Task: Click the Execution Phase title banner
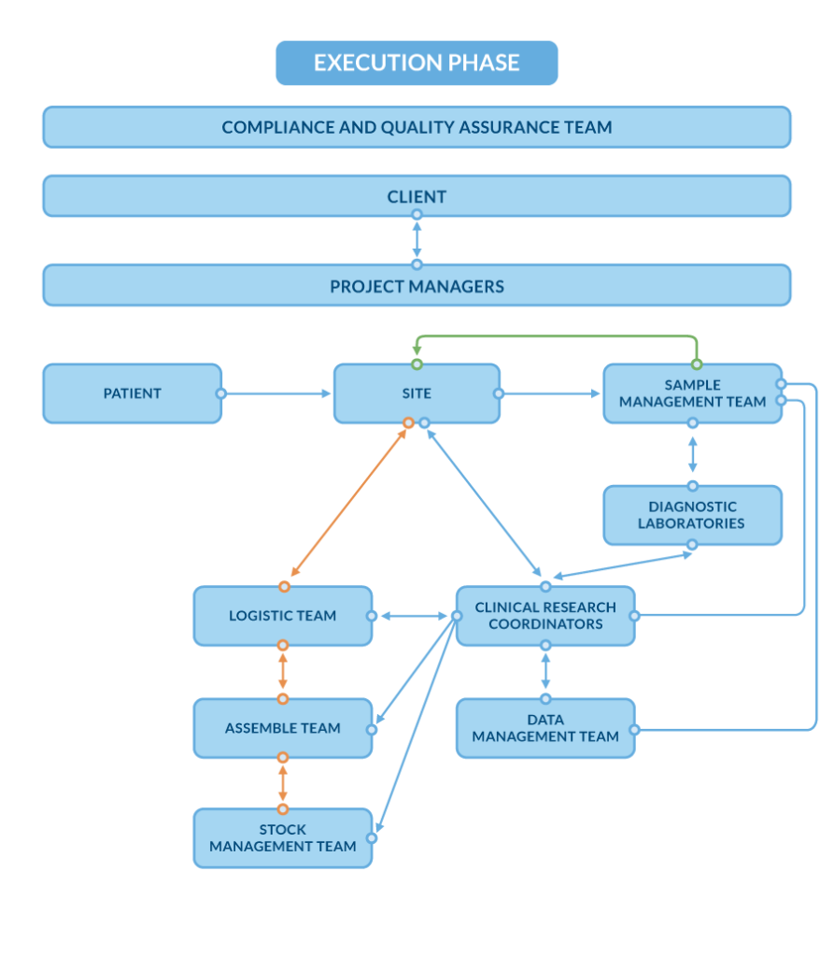[417, 63]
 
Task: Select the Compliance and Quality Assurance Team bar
[417, 127]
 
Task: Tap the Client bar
[417, 196]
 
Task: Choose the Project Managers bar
[417, 286]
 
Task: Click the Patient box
[132, 393]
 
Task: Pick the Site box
[417, 393]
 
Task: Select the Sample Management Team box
[692, 393]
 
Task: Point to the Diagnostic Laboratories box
[692, 515]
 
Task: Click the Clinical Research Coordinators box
[545, 616]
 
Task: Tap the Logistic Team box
[282, 616]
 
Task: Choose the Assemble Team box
[282, 728]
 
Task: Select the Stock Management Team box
[282, 838]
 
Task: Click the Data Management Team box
[545, 728]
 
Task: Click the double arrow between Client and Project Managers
[417, 239]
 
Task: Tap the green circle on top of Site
[417, 363]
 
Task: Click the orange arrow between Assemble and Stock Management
[283, 783]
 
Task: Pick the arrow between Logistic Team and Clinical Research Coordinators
[414, 616]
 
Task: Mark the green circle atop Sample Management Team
[696, 363]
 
